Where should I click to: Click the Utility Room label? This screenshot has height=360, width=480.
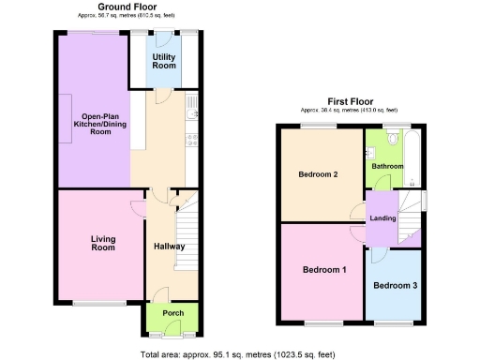[x=164, y=62]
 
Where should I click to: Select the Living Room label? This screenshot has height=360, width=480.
[x=103, y=244]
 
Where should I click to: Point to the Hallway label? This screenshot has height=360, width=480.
[x=170, y=247]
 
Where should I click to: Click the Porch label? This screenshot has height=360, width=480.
[x=172, y=313]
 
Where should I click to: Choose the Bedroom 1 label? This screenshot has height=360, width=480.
[x=323, y=270]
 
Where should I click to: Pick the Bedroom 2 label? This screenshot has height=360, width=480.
[x=319, y=173]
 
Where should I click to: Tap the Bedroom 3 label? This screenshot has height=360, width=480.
[x=395, y=285]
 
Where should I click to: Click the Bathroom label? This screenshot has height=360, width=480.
[x=387, y=166]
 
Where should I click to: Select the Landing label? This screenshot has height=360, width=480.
[x=383, y=218]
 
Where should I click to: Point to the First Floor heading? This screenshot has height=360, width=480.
[x=352, y=100]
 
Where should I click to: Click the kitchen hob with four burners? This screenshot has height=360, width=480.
[x=191, y=141]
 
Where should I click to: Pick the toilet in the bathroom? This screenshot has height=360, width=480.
[x=412, y=181]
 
